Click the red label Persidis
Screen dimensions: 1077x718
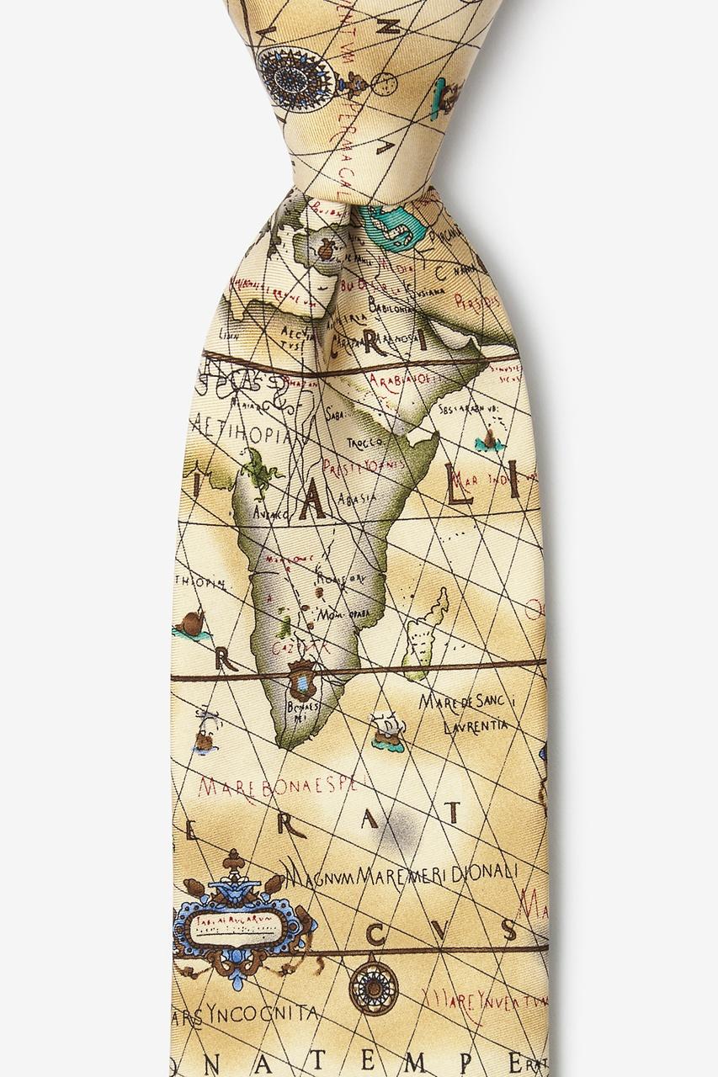pyautogui.click(x=476, y=300)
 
